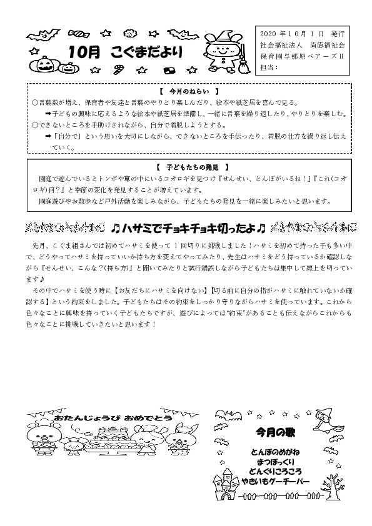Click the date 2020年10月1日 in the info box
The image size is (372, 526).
point(293,31)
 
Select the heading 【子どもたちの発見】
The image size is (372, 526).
point(185,167)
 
